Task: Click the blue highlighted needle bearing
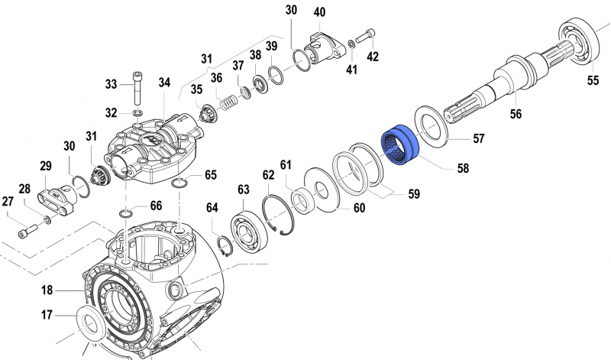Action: (401, 144)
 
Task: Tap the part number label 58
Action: (463, 168)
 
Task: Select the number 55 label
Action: (593, 79)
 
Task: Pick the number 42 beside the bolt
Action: (372, 56)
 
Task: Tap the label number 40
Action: (319, 12)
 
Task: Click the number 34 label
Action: (165, 83)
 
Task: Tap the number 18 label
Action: (47, 290)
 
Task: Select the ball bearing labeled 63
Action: (248, 229)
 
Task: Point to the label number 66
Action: (156, 205)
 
